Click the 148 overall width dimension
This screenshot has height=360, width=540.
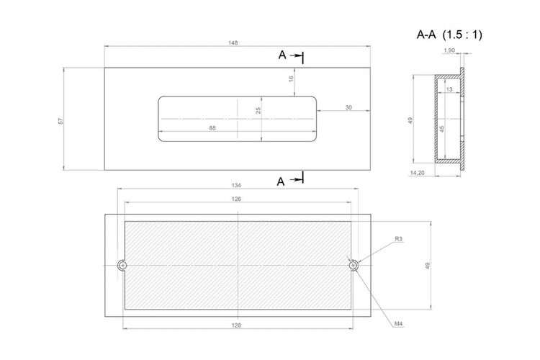tap(233, 43)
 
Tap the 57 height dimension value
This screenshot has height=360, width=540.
tap(61, 121)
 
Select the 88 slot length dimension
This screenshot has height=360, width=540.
tap(212, 128)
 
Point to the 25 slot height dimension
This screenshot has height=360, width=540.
tap(258, 111)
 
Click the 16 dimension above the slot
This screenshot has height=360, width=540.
tap(291, 78)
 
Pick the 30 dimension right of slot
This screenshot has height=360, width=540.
tap(348, 107)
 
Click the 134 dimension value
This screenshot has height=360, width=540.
tap(236, 185)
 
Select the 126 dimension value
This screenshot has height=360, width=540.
tap(236, 199)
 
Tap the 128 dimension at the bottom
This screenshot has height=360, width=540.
tap(236, 325)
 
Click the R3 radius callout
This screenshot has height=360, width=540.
tap(398, 239)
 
